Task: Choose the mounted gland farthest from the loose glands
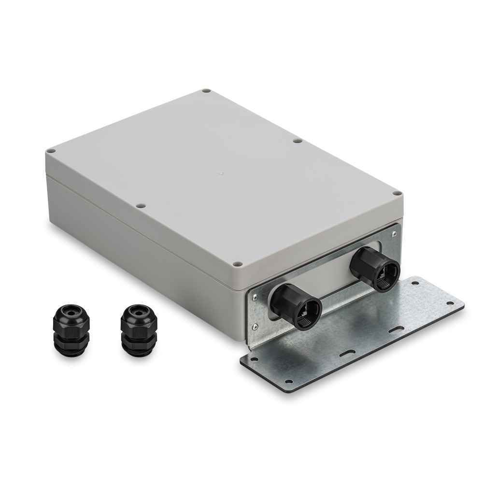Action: tap(375, 269)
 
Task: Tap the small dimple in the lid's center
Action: tap(220, 171)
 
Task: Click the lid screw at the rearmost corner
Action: tap(206, 91)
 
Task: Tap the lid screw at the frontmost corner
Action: tap(237, 264)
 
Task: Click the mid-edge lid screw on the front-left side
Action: tap(141, 206)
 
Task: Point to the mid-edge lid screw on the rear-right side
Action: tap(298, 141)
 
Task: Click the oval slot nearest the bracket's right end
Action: tap(397, 329)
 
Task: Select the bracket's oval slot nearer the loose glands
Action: tap(347, 354)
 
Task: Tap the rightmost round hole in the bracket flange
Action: tap(451, 303)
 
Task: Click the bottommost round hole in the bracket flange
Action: tap(288, 381)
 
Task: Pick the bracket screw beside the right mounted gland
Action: tap(394, 233)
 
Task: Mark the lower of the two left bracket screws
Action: tap(255, 327)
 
